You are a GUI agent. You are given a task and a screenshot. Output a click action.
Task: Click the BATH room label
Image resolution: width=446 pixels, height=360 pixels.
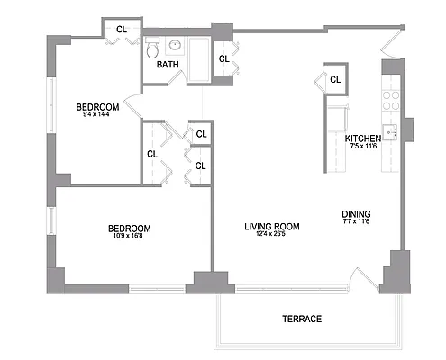[x=168, y=65]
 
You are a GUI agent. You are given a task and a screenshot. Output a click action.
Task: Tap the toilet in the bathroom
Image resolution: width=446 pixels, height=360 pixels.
[x=153, y=46]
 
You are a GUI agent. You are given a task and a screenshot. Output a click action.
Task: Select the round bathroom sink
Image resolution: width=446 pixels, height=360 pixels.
[x=175, y=45]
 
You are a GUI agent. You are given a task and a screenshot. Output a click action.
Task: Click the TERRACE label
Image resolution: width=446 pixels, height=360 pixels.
[x=301, y=319]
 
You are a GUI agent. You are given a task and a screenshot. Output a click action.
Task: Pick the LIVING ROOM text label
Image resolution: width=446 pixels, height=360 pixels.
[x=271, y=226]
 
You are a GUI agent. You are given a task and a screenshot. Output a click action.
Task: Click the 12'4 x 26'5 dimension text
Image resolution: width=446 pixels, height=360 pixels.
[x=271, y=235]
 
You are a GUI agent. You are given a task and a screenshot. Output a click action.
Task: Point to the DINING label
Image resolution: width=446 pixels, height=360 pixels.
[x=356, y=214]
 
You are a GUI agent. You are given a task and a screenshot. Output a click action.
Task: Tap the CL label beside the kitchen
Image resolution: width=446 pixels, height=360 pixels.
[x=335, y=79]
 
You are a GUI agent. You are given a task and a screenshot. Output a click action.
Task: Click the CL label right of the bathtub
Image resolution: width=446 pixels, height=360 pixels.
[x=223, y=59]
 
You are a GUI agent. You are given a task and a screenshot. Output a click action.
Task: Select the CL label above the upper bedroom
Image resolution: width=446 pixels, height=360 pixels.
[x=122, y=29]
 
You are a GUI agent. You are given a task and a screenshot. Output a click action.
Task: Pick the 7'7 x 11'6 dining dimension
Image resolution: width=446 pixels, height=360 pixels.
[x=356, y=222]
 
